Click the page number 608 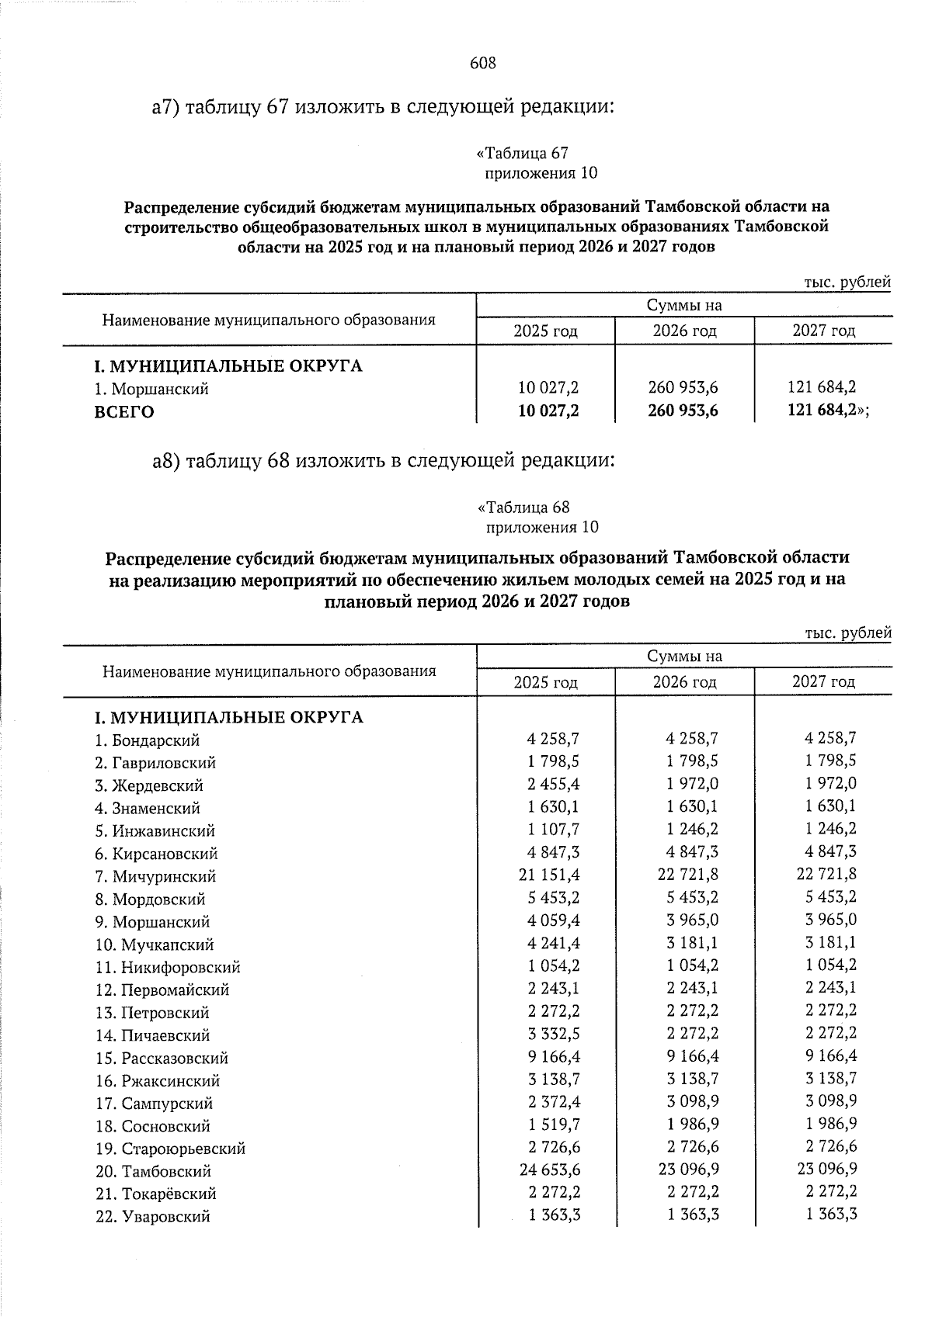482,64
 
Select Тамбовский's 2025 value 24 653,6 549,1170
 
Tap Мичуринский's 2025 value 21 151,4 549,875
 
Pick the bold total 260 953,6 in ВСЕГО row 683,411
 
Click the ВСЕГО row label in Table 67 124,412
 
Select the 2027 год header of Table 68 823,682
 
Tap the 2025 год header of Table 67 545,331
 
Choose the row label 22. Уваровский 153,1217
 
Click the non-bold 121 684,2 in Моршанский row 822,388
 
